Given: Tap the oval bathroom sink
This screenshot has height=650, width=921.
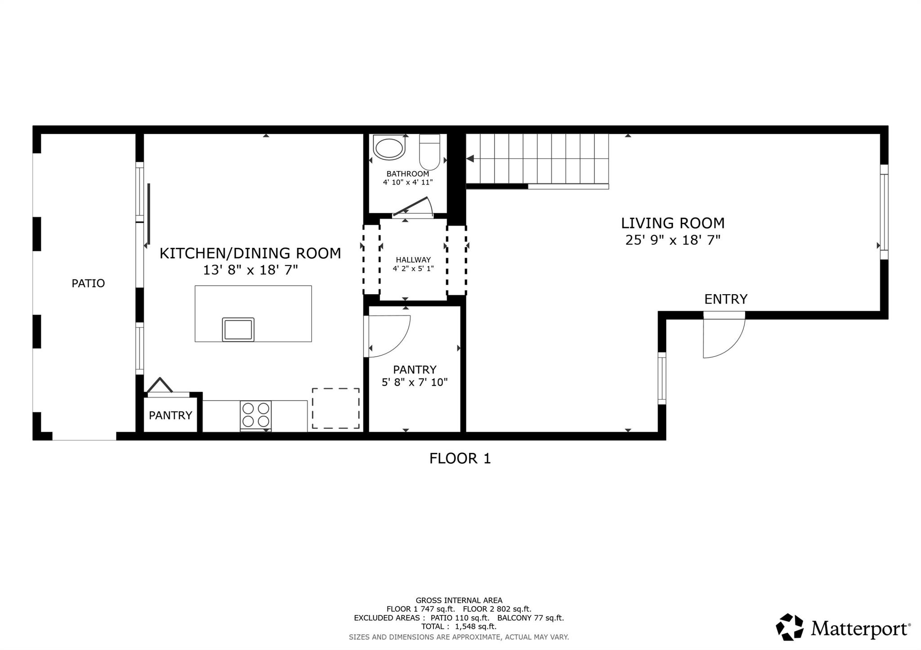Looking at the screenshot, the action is (389, 148).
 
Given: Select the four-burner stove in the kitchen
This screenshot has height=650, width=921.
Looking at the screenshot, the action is (256, 415).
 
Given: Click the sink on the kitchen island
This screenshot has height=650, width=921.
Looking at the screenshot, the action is (238, 329).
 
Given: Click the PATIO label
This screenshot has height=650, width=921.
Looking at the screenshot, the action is (88, 283).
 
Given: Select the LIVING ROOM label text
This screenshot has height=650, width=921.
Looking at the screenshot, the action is (673, 223).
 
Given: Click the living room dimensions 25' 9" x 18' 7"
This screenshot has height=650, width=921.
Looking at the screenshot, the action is (673, 240).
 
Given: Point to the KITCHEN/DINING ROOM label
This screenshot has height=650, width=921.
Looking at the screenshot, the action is (250, 253).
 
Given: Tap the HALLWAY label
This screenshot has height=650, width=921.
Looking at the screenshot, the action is (413, 260).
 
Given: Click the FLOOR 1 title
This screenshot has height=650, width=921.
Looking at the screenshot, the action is (460, 459).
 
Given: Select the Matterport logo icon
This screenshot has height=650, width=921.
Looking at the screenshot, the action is (790, 627).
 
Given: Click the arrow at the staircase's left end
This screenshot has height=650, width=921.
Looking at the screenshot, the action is (470, 159).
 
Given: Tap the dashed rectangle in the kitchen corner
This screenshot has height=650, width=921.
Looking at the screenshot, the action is (336, 408).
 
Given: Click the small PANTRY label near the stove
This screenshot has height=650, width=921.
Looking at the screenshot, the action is (170, 416).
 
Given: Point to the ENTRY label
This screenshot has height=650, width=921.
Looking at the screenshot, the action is (726, 299).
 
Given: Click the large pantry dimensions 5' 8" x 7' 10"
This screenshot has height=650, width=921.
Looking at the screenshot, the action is (415, 382).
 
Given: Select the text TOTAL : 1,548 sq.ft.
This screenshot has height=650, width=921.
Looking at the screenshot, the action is (459, 627).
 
